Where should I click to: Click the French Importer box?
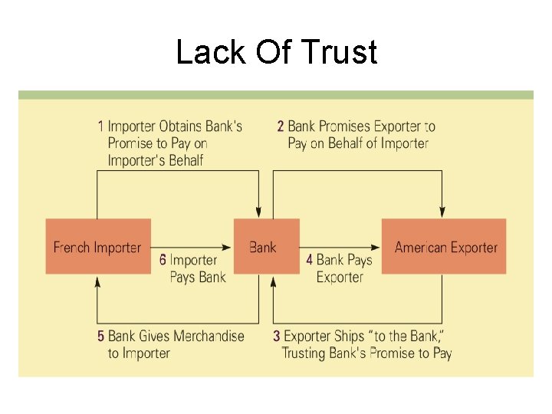98,247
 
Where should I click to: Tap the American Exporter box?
445,247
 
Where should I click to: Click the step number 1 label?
100,126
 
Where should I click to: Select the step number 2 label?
281,126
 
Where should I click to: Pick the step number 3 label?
277,337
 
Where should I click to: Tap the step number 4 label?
309,260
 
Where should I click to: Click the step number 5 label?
100,337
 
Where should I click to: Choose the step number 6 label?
163,260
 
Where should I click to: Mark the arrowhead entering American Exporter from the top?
443,212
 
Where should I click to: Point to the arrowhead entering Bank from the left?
227,247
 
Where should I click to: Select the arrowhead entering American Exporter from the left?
376,247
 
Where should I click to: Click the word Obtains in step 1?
182,126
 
